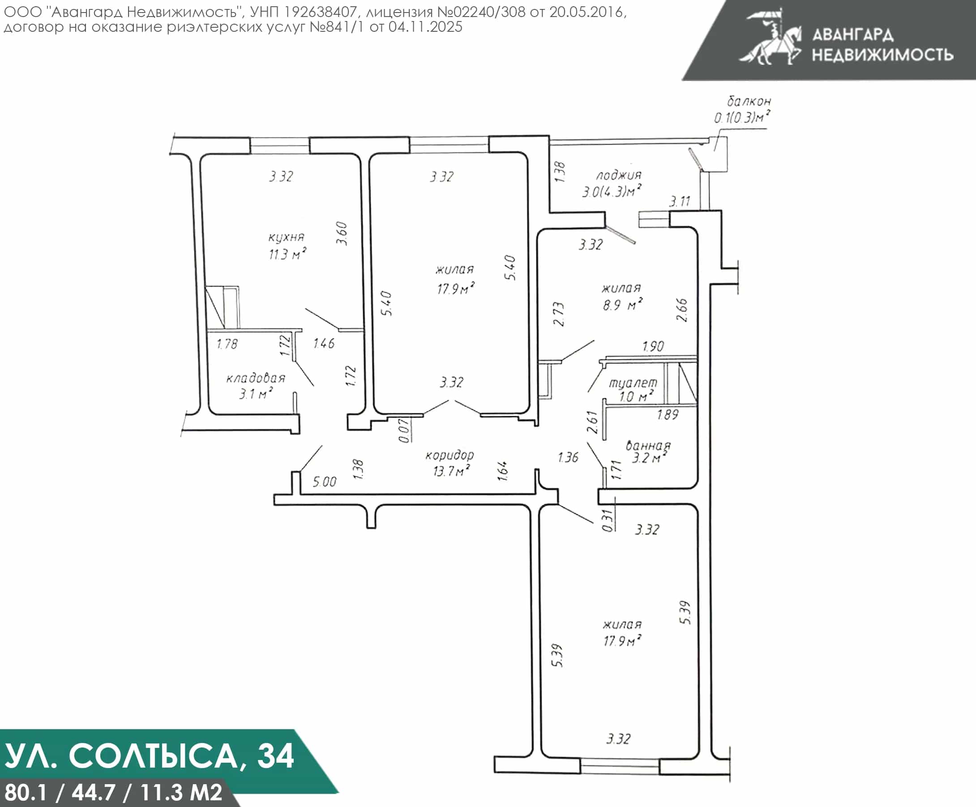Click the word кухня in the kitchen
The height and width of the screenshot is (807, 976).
[x=286, y=237]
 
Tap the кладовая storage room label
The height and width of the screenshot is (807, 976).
[x=256, y=378]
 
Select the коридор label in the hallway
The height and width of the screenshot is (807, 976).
[x=449, y=455]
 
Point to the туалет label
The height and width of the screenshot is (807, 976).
[x=633, y=383]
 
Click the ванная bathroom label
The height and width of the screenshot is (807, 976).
[x=648, y=445]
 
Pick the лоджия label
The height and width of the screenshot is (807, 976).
[x=619, y=175]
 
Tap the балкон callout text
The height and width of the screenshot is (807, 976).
[x=749, y=101]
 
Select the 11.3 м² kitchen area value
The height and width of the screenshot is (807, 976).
[x=287, y=254]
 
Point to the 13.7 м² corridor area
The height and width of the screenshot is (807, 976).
[x=451, y=470]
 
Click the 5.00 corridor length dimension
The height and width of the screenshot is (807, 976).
[x=325, y=482]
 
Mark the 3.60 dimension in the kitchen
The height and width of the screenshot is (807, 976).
[x=342, y=233]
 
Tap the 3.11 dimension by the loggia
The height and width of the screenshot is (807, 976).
[x=680, y=201]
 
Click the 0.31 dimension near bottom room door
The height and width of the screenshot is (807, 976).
[x=607, y=521]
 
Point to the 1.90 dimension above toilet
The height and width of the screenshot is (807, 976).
[x=653, y=346]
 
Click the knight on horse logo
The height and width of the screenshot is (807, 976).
[x=771, y=37]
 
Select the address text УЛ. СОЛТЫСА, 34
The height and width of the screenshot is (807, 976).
[x=149, y=756]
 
